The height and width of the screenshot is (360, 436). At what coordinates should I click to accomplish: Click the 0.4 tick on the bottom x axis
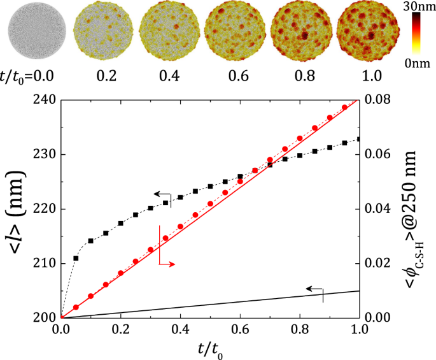coord(180,329)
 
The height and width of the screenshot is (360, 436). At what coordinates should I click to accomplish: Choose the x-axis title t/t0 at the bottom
coord(211,350)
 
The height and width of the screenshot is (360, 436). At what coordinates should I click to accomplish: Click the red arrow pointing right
coord(167,263)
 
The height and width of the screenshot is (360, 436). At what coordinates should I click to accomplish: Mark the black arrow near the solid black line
coord(314,289)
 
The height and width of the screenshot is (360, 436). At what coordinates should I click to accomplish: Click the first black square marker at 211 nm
coord(76,258)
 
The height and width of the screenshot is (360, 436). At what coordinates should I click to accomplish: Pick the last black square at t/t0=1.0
coord(360,139)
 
